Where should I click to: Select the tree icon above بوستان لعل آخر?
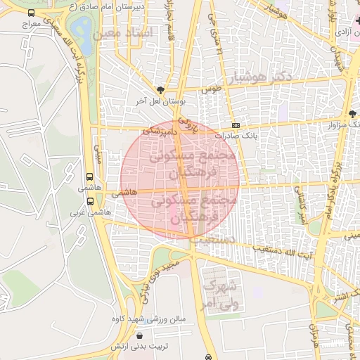pyautogui.click(x=161, y=90)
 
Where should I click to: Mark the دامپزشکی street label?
pyautogui.click(x=160, y=131)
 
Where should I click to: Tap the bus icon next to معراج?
pyautogui.click(x=31, y=13)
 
